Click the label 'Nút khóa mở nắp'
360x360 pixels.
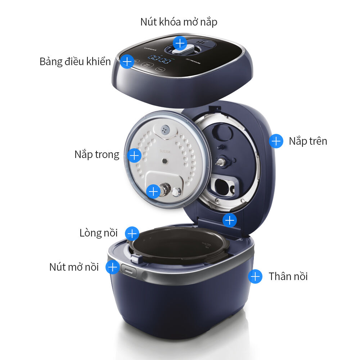pos(179,22)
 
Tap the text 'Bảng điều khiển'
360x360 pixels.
pos(75,62)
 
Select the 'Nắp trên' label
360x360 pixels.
pos(308,141)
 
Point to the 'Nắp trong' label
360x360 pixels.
pos(97,155)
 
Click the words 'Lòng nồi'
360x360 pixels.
pos(99,233)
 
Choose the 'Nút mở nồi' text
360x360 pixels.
pos(74,267)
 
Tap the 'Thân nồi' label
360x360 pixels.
pos(288,276)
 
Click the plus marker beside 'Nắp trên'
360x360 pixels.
pos(276,141)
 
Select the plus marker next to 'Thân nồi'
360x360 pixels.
pos(255,276)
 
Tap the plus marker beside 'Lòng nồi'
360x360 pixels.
pos(132,233)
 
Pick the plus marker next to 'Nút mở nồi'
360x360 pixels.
pos(113,267)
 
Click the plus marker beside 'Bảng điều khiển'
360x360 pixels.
pos(126,62)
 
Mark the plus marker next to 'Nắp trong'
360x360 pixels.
pos(134,156)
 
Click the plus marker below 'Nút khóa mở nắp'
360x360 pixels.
pos(180,43)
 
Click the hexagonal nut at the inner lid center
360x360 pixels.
pos(165,160)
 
